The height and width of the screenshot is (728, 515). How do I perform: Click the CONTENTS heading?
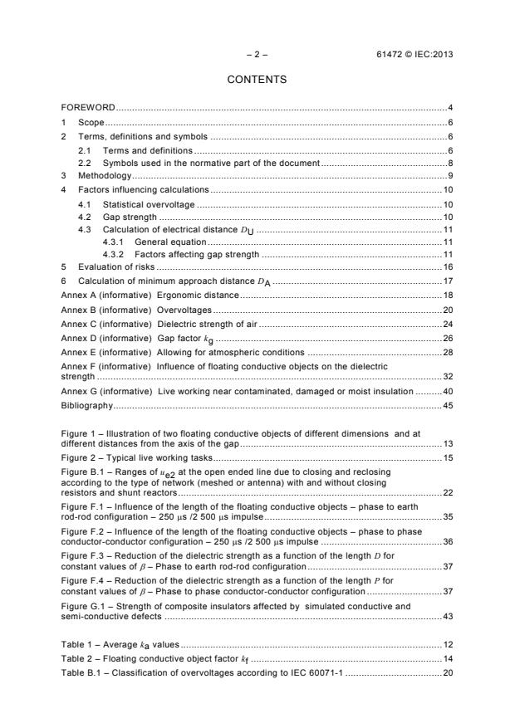257,80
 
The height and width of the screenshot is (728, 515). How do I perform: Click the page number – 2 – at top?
257,55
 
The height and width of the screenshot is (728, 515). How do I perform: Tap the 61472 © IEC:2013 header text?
414,55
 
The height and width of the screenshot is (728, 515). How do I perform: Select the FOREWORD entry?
88,108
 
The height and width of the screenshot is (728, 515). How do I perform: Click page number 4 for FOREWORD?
449,108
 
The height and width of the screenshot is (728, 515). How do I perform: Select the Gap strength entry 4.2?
128,216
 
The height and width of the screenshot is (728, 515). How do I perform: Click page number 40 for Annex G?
447,391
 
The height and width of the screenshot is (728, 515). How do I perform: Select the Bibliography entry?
86,405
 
